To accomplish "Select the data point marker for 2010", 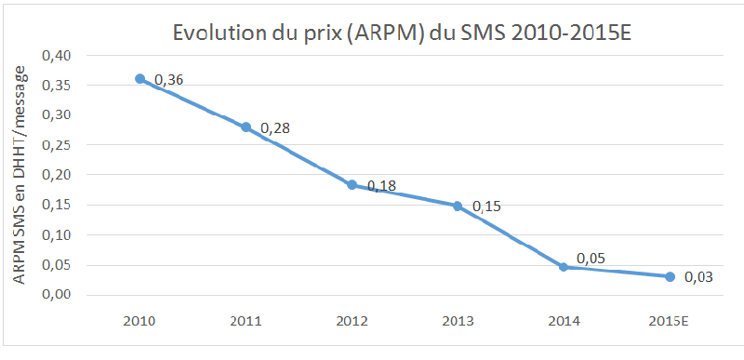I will pos(140,79).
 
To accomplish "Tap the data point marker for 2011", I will pos(246,127).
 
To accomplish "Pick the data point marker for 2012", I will pos(352,185).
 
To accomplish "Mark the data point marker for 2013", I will pos(458,206).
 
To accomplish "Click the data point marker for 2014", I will pos(563,267).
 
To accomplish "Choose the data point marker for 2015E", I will pos(669,276).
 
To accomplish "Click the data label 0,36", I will pos(168,81).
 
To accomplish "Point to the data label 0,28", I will pos(274,127).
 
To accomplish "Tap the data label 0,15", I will pos(487,205).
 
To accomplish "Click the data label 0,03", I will pos(698,277).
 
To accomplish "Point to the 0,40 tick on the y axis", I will pos(58,56).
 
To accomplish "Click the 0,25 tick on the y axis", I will pos(58,145).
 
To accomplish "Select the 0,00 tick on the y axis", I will pos(58,295).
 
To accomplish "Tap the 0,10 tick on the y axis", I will pos(58,235).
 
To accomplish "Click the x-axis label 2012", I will pos(352,321).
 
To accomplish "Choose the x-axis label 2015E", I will pos(669,321).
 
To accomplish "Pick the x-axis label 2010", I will pos(140,321).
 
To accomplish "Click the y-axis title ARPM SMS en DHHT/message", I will pos(20,175).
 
